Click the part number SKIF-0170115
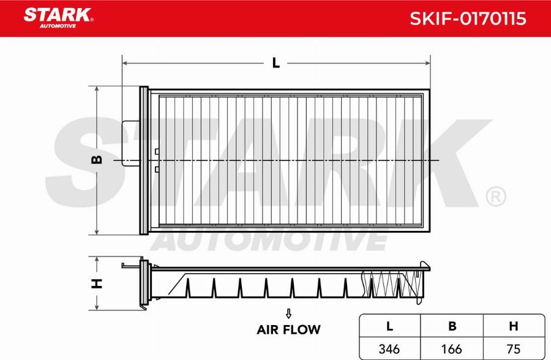click(x=467, y=18)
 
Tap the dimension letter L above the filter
click(x=276, y=62)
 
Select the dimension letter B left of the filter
click(x=96, y=160)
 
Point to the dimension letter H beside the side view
click(x=96, y=283)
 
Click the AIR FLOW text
click(x=288, y=329)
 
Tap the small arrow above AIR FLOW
click(x=288, y=313)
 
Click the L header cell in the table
click(x=389, y=326)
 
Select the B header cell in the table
click(x=452, y=326)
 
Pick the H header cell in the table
click(x=513, y=326)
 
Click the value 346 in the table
click(x=389, y=348)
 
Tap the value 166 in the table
click(x=452, y=348)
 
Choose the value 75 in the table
click(x=513, y=348)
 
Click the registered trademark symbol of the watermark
click(x=495, y=197)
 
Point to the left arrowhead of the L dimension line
click(x=125, y=62)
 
